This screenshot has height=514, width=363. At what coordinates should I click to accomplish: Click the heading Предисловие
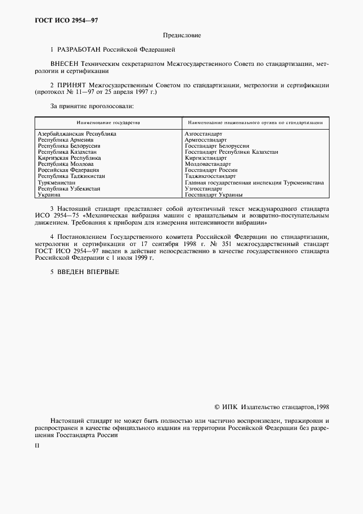pos(182,36)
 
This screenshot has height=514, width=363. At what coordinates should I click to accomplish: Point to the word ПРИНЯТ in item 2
pos(74,86)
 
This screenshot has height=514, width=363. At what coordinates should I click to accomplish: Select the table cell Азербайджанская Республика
pos(77,133)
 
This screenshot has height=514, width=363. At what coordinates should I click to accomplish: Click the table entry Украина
pos(49,194)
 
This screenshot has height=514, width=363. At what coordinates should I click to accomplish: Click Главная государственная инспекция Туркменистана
pos(254,182)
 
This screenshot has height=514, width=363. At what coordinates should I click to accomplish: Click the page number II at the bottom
pos(37,445)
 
